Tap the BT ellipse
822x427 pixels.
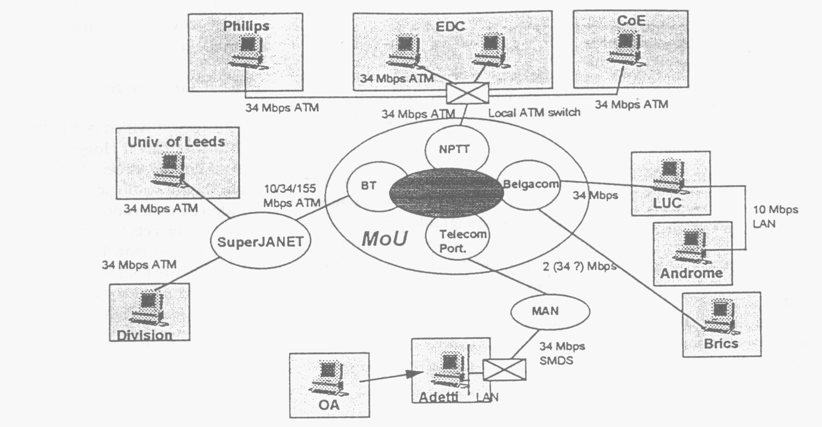pyautogui.click(x=368, y=186)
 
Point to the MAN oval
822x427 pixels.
pyautogui.click(x=550, y=311)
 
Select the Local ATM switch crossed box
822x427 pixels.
pyautogui.click(x=467, y=93)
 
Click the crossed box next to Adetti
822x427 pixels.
pyautogui.click(x=504, y=370)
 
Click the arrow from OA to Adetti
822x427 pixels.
pyautogui.click(x=389, y=377)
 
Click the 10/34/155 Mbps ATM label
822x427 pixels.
pyautogui.click(x=291, y=196)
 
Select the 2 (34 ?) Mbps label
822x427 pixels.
pyautogui.click(x=579, y=266)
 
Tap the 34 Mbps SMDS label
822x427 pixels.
pyautogui.click(x=562, y=353)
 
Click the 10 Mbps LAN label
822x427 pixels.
pyautogui.click(x=775, y=216)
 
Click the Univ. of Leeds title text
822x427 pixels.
pyautogui.click(x=176, y=142)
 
